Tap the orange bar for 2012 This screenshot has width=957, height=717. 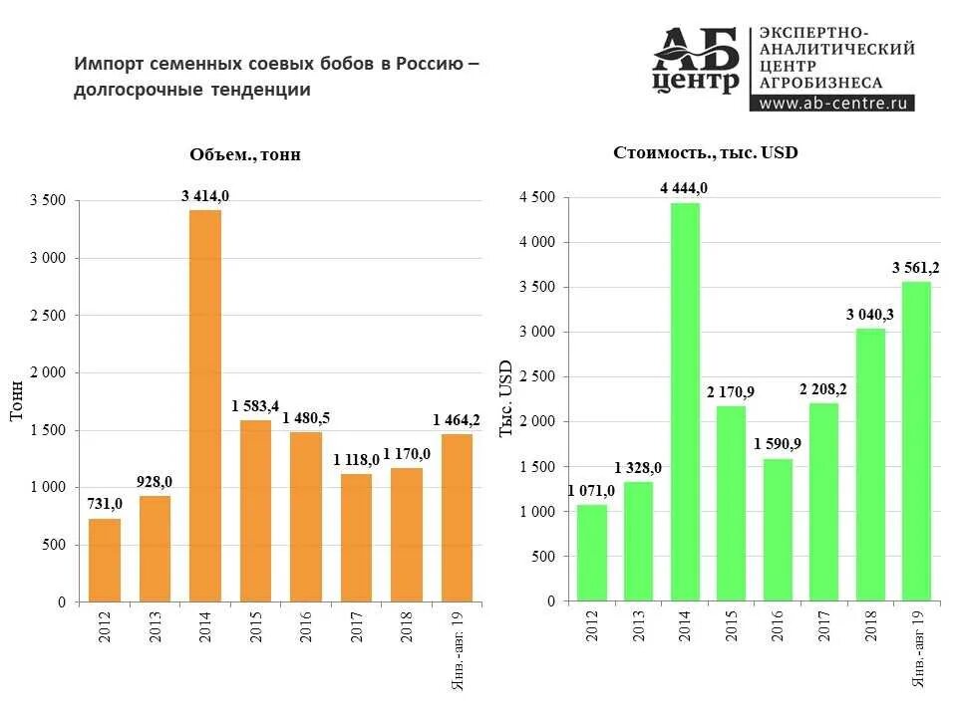click(x=105, y=560)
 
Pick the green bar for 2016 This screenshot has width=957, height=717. click(x=778, y=530)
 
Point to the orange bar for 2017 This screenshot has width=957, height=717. click(x=356, y=538)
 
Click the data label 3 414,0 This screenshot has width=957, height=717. click(x=205, y=196)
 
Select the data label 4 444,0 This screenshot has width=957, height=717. click(x=684, y=188)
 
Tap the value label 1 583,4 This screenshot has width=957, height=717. click(x=256, y=406)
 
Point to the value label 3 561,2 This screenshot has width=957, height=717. click(x=914, y=268)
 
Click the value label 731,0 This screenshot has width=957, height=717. click(x=104, y=504)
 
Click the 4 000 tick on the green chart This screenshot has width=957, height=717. click(x=536, y=243)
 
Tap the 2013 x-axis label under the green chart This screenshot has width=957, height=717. click(x=638, y=628)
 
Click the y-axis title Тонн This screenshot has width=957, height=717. click(x=17, y=400)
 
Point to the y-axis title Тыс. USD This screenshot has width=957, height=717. click(x=506, y=397)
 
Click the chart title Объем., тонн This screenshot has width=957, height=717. click(x=245, y=154)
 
